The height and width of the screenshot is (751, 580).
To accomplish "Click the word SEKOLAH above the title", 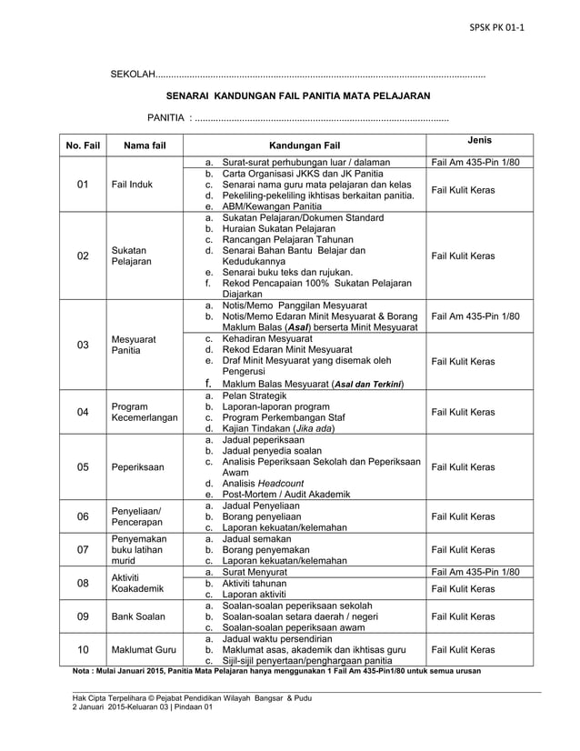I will (x=133, y=73).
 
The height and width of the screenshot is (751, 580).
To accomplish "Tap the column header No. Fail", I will (x=82, y=145).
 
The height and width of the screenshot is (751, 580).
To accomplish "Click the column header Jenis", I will (x=479, y=140).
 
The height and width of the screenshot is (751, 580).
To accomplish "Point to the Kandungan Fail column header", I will (x=305, y=145).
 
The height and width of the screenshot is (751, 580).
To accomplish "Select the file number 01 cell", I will (x=83, y=185).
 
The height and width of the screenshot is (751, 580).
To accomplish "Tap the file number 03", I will (x=83, y=345).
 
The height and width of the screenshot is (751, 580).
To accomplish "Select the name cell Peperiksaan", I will (x=138, y=467).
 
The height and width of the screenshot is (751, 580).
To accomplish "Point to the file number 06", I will (x=83, y=516).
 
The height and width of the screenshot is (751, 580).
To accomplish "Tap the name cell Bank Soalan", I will (x=138, y=616).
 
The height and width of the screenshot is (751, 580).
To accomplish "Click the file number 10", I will (x=83, y=650).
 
